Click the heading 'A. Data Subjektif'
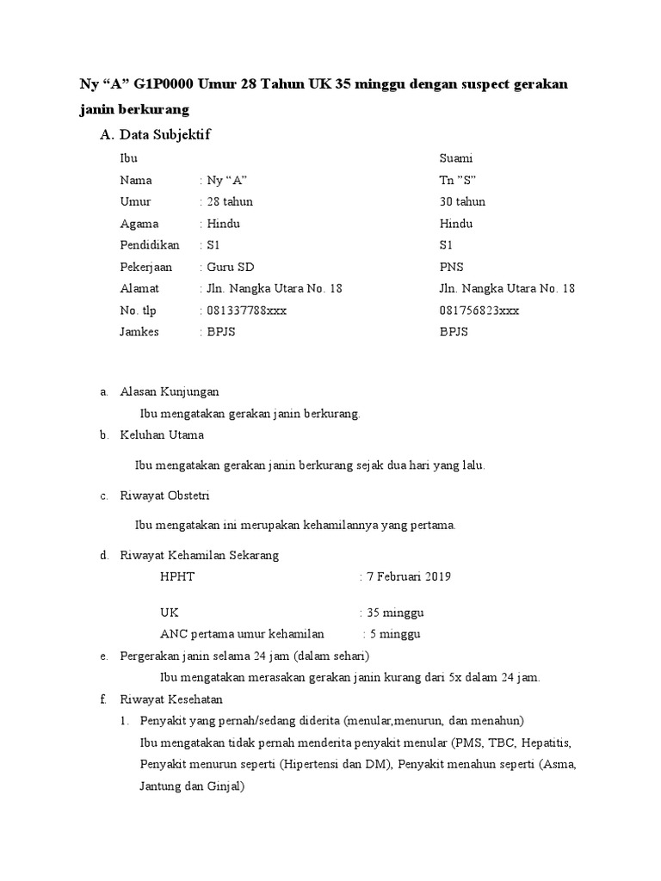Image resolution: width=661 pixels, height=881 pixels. [155, 135]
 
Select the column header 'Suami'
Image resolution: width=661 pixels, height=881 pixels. [456, 158]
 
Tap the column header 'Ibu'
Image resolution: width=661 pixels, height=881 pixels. [129, 158]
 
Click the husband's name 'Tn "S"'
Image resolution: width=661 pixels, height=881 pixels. [458, 180]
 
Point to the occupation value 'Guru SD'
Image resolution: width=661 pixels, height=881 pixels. [228, 267]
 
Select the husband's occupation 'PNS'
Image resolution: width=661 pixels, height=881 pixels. [451, 267]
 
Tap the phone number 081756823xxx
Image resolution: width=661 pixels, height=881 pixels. [479, 311]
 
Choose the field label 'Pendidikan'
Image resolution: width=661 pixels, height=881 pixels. [150, 245]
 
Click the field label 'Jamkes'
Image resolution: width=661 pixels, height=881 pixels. [139, 332]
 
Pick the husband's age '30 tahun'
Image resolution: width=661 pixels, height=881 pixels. [462, 201]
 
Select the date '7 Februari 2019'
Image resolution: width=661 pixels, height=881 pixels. [408, 576]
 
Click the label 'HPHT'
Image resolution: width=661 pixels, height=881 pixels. [177, 576]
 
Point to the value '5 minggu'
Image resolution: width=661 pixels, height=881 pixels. [395, 634]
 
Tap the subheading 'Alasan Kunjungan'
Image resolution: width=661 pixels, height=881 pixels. [170, 391]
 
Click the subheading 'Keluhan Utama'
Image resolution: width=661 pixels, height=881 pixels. [162, 435]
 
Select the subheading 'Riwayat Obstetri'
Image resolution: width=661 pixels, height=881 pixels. [165, 496]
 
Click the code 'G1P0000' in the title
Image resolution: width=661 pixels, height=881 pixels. [165, 86]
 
